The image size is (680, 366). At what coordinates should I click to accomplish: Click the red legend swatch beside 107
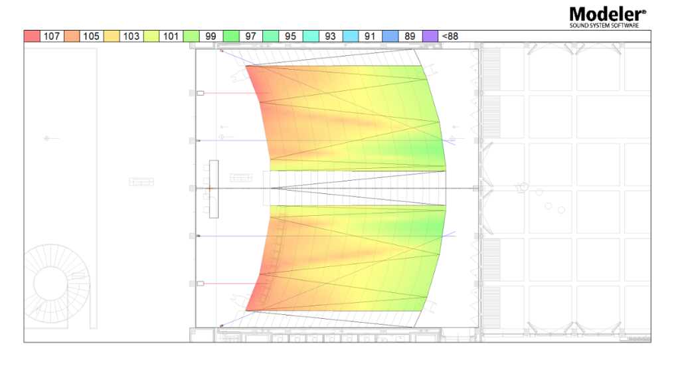click(x=32, y=36)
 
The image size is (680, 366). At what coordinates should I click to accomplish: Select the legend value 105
click(x=91, y=36)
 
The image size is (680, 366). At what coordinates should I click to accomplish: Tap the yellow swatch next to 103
click(x=112, y=36)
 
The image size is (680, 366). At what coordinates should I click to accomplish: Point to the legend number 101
click(x=171, y=36)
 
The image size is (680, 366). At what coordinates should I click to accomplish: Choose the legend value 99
click(x=211, y=36)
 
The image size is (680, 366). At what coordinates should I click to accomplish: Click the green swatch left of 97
click(x=231, y=36)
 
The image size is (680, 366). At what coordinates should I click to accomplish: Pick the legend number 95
click(x=291, y=36)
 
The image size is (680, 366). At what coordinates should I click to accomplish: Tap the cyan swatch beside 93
click(x=311, y=36)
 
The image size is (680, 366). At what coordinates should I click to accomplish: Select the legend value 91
click(x=370, y=36)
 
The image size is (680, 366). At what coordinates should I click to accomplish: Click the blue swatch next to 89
click(x=390, y=36)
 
